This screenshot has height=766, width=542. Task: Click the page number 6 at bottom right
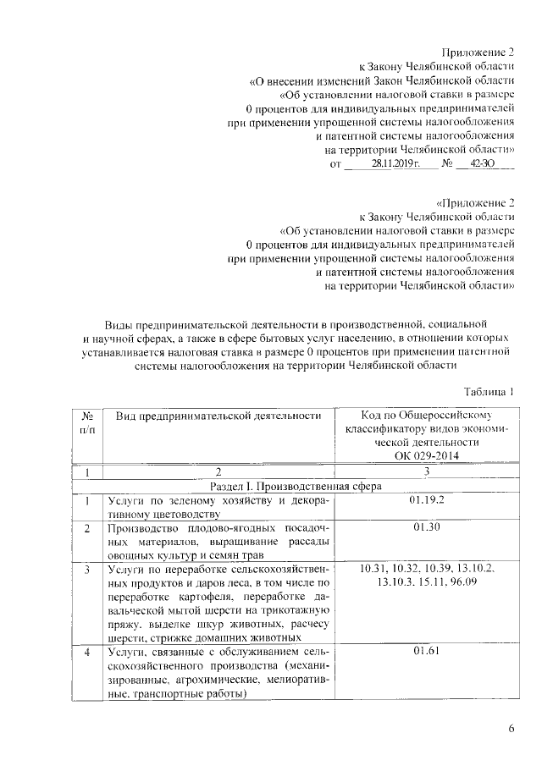tap(510, 729)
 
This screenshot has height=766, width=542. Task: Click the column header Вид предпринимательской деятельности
tap(218, 416)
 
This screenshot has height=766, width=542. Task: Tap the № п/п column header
tap(87, 422)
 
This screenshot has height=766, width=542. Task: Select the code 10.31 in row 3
tap(374, 569)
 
